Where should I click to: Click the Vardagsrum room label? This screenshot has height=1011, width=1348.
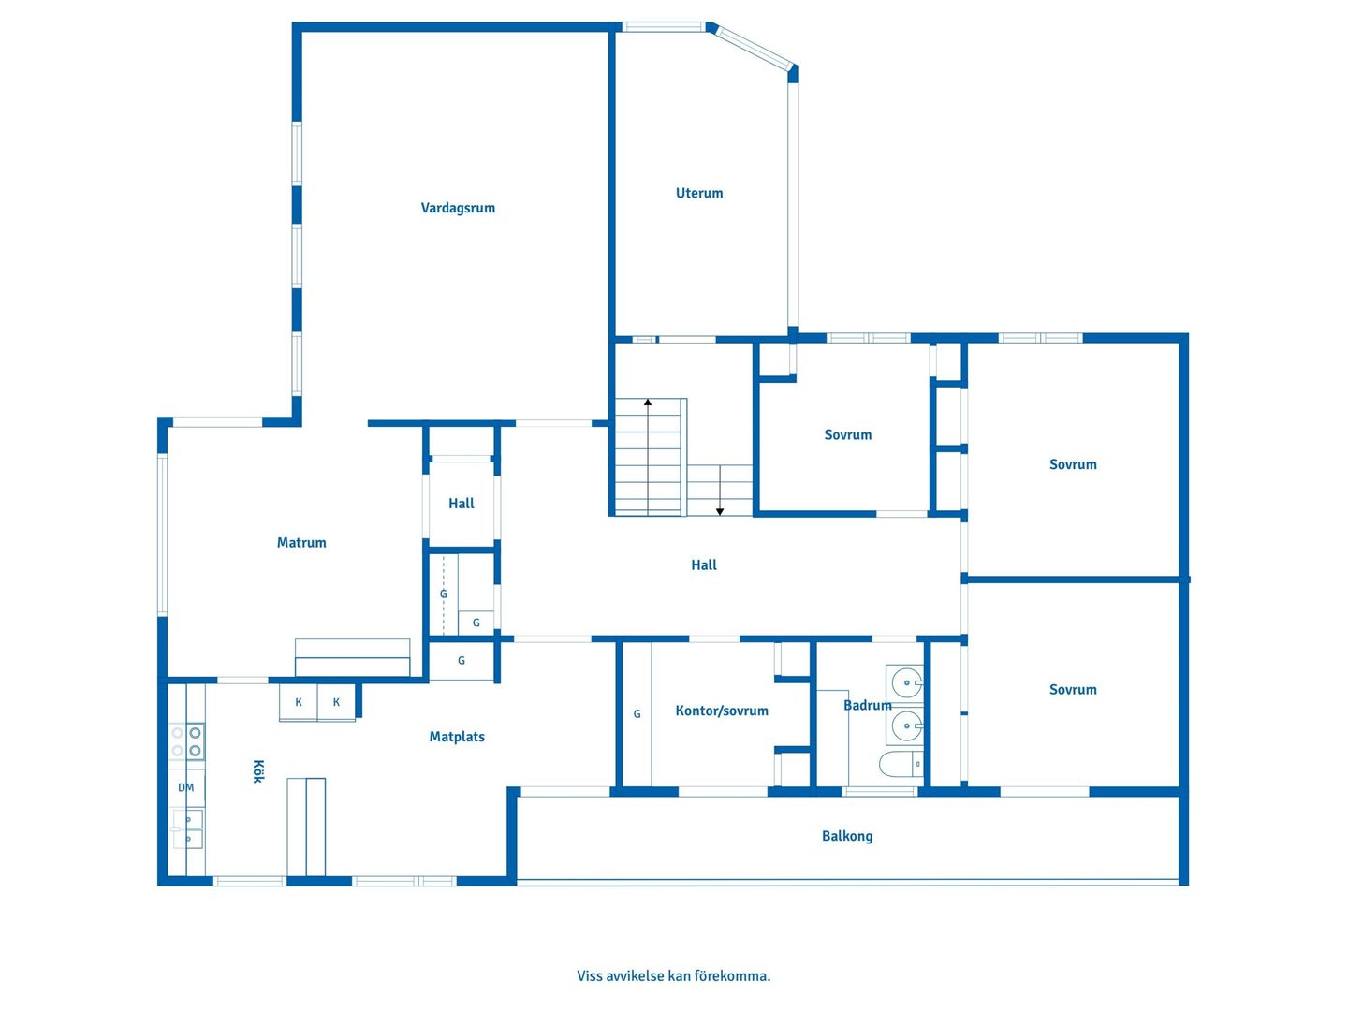(458, 208)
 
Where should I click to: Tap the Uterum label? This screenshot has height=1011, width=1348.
(699, 193)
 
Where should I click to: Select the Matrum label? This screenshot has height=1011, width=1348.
(300, 542)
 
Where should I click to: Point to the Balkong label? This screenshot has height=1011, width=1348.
(847, 836)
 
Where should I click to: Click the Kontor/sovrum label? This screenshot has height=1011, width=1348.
(722, 711)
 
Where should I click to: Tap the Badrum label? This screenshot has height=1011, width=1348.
(867, 705)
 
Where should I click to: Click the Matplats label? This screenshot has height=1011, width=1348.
(456, 737)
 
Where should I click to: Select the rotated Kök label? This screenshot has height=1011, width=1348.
(258, 771)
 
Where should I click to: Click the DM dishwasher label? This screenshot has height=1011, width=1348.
(185, 787)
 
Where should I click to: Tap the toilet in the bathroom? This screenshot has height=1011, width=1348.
(901, 765)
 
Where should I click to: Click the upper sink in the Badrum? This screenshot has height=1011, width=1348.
(905, 682)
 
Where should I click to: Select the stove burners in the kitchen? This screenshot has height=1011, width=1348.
(186, 740)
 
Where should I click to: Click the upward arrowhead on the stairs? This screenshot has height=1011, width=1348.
(647, 403)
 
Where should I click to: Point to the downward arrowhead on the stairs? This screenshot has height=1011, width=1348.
(720, 511)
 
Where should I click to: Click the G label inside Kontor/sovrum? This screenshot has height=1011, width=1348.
(637, 713)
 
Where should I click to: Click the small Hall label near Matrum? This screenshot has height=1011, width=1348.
(461, 504)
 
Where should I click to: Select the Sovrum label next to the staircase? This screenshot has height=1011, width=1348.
(847, 434)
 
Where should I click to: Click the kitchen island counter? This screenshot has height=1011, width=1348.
(306, 827)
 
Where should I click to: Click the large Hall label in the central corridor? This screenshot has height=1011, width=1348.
(703, 564)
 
